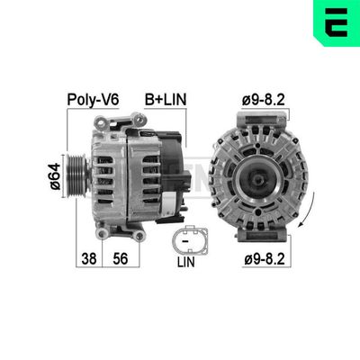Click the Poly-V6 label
pyautogui.click(x=92, y=99)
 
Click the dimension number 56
pyautogui.click(x=121, y=257)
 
